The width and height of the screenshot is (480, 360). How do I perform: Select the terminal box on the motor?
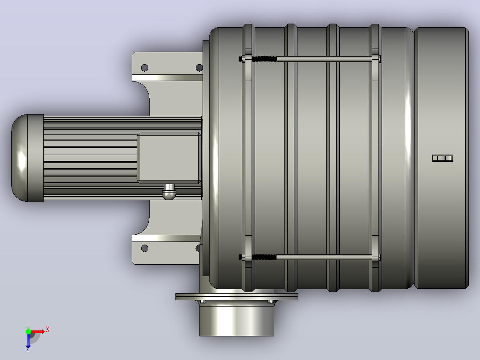click(169, 158)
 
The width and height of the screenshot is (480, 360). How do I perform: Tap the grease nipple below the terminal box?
click(169, 192)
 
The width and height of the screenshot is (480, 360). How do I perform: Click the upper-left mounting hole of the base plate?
click(144, 67)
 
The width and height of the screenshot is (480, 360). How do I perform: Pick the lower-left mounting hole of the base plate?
click(144, 248)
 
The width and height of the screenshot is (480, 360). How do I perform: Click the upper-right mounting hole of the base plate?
click(199, 67)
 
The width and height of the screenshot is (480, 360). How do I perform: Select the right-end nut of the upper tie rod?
click(379, 59)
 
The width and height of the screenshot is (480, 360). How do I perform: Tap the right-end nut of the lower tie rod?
click(379, 257)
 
